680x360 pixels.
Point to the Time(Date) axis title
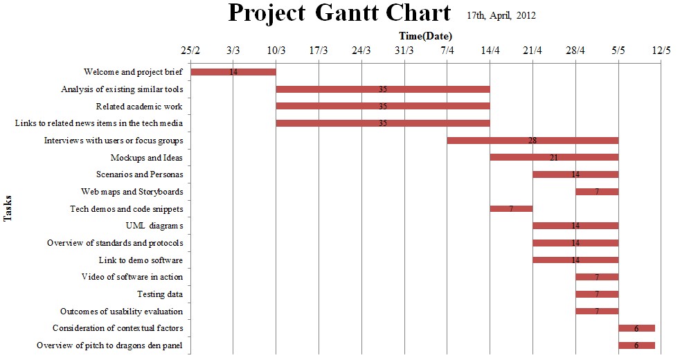(425, 36)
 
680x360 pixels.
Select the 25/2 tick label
(190, 51)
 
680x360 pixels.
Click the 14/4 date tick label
(490, 51)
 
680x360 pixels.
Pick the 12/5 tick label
(661, 51)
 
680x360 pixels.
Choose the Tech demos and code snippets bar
(511, 208)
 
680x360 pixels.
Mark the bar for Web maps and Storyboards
(597, 192)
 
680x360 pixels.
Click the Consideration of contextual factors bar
(636, 328)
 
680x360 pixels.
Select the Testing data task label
(160, 294)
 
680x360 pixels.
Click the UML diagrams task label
(154, 226)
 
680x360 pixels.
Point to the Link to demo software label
(141, 260)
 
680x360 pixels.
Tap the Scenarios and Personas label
(140, 174)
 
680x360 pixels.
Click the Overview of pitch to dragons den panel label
(110, 345)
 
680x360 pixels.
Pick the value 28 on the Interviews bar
(533, 141)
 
